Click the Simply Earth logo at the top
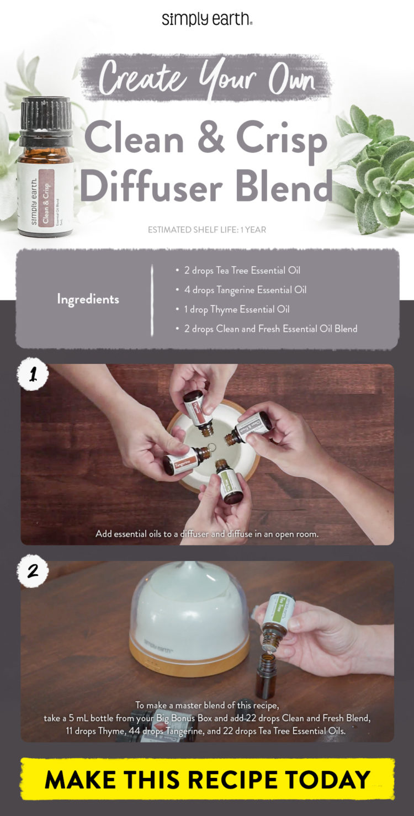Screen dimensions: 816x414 tap(207, 19)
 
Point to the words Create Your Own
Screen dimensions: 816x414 tap(206, 78)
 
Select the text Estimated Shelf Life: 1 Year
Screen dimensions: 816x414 tap(207, 229)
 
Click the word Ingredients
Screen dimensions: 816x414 tap(88, 299)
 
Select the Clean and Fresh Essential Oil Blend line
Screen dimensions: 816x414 tap(270, 328)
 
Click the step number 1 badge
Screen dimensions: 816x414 tap(33, 376)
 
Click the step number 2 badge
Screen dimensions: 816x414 tap(33, 571)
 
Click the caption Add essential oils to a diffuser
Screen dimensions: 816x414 tap(207, 534)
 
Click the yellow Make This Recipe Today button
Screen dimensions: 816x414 tap(207, 779)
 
